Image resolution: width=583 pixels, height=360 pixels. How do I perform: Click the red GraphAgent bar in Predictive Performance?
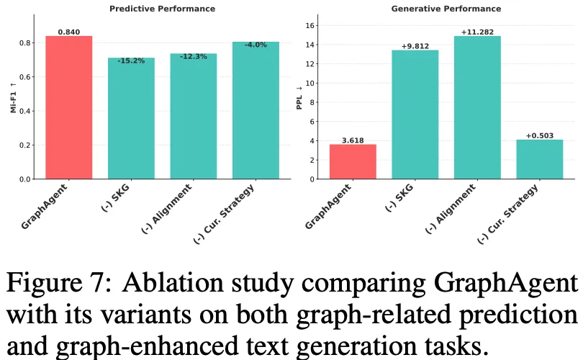point(69,107)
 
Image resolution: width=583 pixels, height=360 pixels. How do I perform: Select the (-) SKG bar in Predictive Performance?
point(131,118)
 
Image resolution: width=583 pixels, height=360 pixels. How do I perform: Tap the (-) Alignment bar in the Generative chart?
point(477,107)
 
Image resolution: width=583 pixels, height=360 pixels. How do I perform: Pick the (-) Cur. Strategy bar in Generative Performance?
point(540,159)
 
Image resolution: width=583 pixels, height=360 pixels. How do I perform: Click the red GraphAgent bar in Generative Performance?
point(353,161)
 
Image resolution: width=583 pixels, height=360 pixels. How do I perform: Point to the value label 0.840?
point(69,32)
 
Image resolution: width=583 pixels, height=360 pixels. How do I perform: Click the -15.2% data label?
point(131,61)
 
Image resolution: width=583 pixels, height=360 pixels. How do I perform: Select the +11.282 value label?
point(477,32)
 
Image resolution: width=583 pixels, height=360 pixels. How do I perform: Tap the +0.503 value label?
point(540,135)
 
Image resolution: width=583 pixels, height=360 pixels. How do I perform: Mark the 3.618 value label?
point(353,140)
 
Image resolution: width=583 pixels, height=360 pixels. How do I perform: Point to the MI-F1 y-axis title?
point(13,102)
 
